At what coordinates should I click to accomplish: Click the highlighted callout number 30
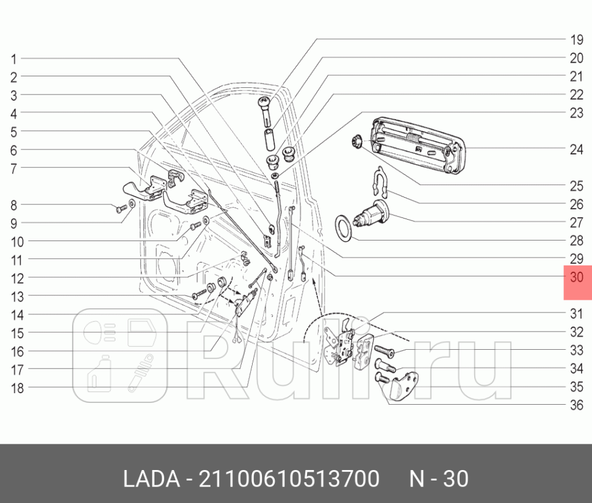pos(577,277)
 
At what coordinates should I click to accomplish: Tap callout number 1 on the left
pos(13,59)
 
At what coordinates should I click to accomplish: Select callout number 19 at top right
pos(577,41)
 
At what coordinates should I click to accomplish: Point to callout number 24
pos(577,149)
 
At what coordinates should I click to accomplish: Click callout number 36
pos(577,405)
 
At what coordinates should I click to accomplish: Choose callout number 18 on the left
pos(16,388)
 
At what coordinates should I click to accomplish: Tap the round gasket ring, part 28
pos(345,228)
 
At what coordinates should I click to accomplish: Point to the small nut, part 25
pos(358,143)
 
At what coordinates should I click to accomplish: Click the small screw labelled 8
pos(120,209)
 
